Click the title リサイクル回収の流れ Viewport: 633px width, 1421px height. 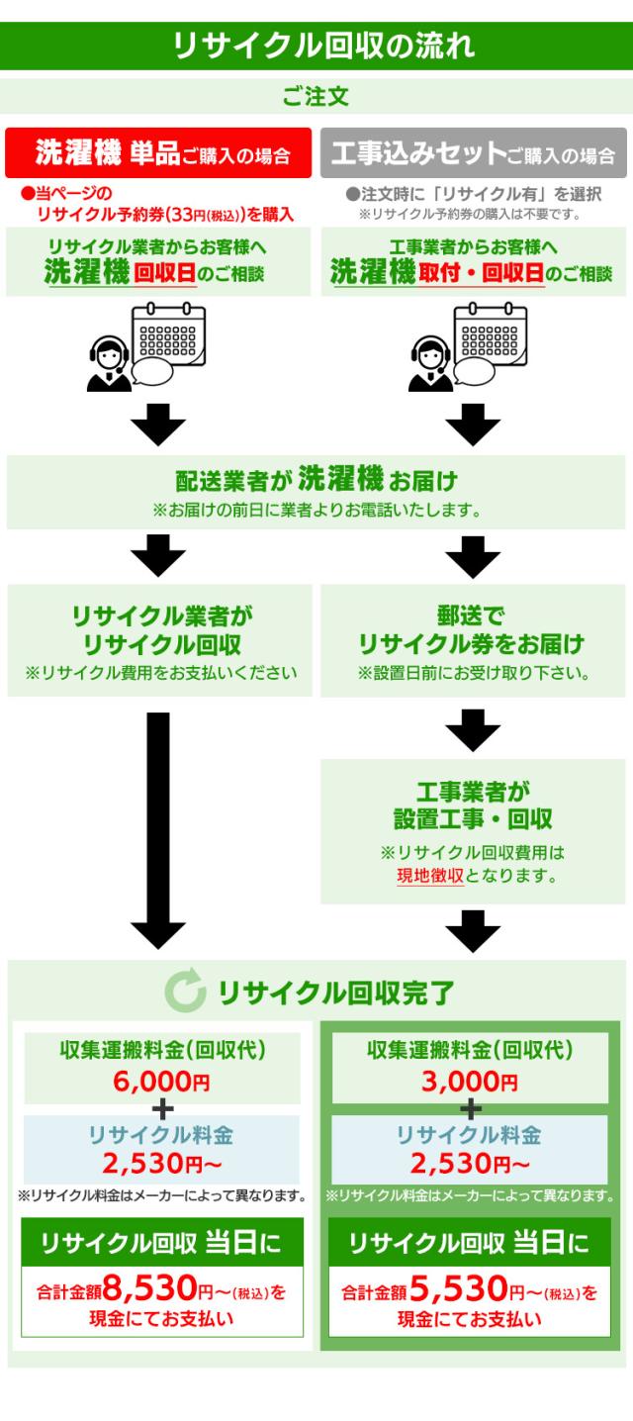tap(316, 46)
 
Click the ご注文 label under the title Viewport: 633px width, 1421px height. tap(316, 97)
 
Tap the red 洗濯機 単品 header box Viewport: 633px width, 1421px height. tap(159, 153)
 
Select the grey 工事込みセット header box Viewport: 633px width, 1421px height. tap(473, 154)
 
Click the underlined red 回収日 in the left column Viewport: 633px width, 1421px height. tap(166, 273)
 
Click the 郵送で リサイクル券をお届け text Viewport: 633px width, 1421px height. tap(472, 630)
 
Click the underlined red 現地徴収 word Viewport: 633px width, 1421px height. tap(430, 875)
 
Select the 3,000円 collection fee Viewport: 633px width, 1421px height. tap(469, 1082)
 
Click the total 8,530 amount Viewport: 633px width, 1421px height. tap(149, 1289)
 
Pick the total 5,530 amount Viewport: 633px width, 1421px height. tap(457, 1289)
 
